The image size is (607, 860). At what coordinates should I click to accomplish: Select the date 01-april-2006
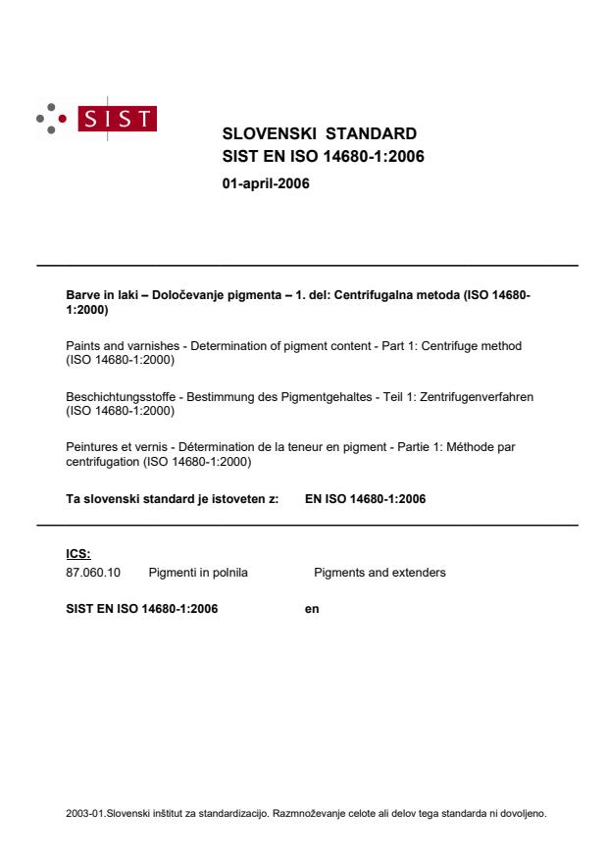coord(266,182)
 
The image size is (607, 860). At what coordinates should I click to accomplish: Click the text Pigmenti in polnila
coord(198,572)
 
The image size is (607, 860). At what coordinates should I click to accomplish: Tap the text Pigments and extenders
coord(379,572)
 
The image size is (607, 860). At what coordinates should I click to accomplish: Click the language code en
coord(312,609)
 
